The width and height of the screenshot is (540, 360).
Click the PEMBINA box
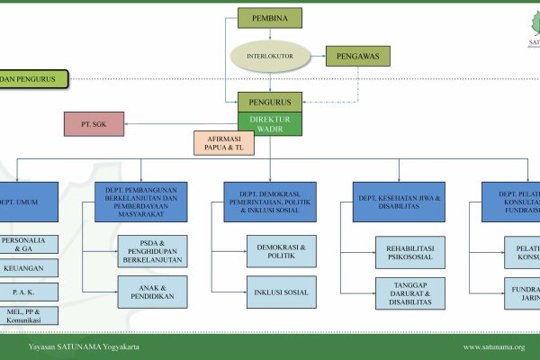click(x=269, y=18)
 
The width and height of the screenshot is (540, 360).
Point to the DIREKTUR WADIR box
click(x=269, y=123)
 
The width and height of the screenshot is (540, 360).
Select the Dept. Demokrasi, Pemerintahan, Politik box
click(x=269, y=202)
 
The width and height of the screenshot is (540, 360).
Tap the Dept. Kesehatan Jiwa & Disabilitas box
click(x=397, y=202)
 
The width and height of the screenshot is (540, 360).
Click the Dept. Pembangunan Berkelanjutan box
click(x=141, y=202)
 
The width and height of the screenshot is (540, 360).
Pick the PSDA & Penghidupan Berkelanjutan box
click(x=151, y=254)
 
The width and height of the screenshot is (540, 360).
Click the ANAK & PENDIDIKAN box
click(x=151, y=290)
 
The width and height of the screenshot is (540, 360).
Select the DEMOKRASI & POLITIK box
click(x=282, y=250)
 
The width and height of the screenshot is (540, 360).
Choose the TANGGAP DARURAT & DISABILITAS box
click(x=410, y=292)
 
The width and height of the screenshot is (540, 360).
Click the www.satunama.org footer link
click(x=493, y=346)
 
